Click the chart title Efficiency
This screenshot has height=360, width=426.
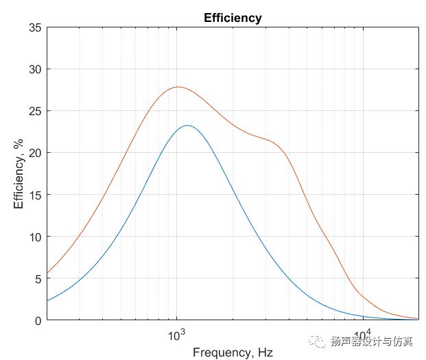pyautogui.click(x=233, y=18)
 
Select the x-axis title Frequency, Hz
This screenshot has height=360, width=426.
pyautogui.click(x=233, y=352)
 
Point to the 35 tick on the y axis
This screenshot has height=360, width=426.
pyautogui.click(x=34, y=27)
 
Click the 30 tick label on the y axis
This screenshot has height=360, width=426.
pyautogui.click(x=34, y=69)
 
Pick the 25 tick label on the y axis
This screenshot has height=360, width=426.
pyautogui.click(x=34, y=111)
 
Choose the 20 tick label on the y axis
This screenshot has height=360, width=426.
pyautogui.click(x=34, y=153)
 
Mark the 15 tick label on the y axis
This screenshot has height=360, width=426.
pyautogui.click(x=34, y=195)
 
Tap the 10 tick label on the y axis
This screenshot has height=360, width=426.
pyautogui.click(x=34, y=237)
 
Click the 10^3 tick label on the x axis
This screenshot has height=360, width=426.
pyautogui.click(x=177, y=335)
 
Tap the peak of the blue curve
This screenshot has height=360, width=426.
pyautogui.click(x=187, y=125)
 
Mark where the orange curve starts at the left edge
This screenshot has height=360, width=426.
pyautogui.click(x=47, y=273)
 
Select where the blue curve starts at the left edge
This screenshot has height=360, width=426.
pyautogui.click(x=47, y=300)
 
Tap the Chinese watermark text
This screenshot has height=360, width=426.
pyautogui.click(x=373, y=341)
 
